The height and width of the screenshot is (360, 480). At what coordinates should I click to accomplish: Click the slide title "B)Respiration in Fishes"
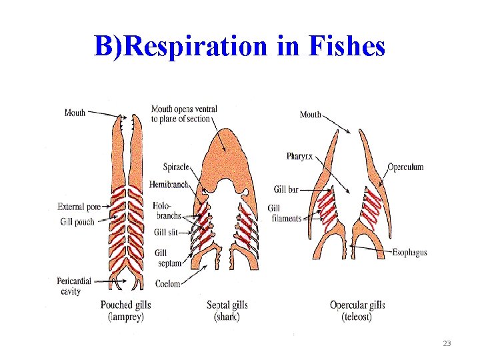coord(239,47)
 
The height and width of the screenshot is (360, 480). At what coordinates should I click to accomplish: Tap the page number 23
coord(446,343)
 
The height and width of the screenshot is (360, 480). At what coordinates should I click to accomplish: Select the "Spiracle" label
coord(176,166)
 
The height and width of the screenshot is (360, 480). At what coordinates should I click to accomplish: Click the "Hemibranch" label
coord(169,184)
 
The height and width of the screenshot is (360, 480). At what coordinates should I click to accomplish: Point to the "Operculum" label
coord(405,167)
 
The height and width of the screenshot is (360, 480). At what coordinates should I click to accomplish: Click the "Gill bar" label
coord(286,189)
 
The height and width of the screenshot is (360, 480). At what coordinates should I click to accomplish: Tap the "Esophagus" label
coord(409,253)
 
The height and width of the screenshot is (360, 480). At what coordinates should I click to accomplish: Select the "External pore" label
coord(79,207)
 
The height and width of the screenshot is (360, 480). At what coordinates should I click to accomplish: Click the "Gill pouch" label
coord(77,222)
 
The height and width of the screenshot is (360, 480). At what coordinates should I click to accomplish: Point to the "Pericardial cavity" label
coord(73,286)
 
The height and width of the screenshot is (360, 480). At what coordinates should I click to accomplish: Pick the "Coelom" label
coord(167,284)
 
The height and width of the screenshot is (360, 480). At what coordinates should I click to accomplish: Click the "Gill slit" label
coord(167,232)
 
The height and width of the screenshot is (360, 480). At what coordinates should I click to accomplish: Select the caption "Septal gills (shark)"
coord(227,311)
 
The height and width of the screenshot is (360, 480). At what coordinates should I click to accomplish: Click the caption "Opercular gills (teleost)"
coord(357,311)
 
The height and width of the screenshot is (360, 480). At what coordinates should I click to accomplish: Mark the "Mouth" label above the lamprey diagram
coord(75,113)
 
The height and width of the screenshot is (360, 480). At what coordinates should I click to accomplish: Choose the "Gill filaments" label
coord(285,213)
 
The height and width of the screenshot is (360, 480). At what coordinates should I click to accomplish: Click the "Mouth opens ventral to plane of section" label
coord(184,114)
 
